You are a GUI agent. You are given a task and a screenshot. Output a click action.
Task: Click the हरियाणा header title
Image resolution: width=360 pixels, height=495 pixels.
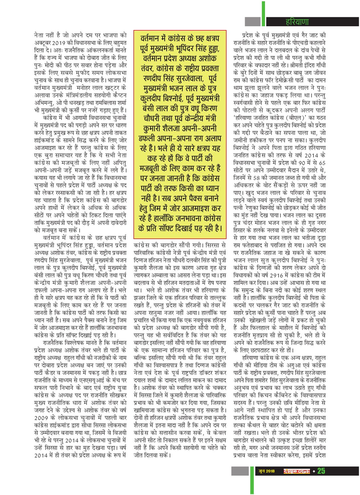click(x=297, y=22)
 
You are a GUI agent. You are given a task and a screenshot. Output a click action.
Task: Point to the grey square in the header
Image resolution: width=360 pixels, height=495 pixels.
click(x=252, y=22)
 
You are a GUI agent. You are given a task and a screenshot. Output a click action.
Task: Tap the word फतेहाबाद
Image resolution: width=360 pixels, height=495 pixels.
click(x=258, y=246)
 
